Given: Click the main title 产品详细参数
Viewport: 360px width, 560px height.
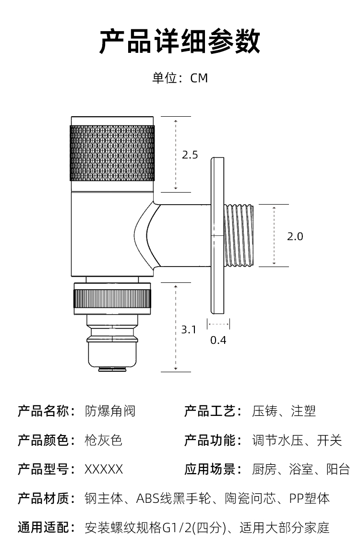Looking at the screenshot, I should point(180,41).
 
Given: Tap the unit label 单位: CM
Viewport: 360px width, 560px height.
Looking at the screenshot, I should point(180,78).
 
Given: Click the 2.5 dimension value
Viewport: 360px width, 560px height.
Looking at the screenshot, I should point(190,155).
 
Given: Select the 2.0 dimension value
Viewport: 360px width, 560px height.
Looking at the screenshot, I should point(295,236).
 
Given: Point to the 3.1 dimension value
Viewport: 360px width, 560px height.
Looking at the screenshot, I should point(189,329).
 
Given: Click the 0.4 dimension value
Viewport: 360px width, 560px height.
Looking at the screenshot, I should point(218,340).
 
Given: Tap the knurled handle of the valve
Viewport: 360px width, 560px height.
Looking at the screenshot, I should point(112,153).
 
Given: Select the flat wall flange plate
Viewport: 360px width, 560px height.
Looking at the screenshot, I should point(217,235).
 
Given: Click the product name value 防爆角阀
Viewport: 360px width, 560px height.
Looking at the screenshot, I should point(110,411).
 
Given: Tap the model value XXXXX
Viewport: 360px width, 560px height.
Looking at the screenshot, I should point(104,469).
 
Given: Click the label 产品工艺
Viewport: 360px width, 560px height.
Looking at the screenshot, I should point(212,411).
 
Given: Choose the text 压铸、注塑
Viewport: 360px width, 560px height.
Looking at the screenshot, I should point(284,411).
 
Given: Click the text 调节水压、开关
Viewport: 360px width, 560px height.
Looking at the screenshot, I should point(297,440).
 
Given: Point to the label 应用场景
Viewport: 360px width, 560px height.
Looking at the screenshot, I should point(212,469).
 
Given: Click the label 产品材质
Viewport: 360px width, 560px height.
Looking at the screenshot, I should point(45,498).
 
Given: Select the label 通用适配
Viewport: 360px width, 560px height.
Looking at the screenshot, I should point(45,528).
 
